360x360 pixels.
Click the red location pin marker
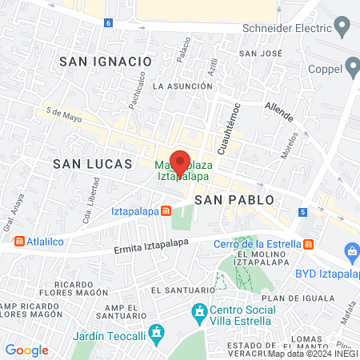(181, 161)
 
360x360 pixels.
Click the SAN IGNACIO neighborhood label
(105, 61)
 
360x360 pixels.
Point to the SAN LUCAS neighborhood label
(92, 163)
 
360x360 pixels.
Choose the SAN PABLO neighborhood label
(234, 198)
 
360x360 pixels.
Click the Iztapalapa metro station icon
(165, 211)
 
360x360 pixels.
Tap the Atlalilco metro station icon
(18, 240)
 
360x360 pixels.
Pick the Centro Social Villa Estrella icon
(198, 310)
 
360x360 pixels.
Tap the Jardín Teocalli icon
(157, 331)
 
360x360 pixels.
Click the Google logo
(27, 350)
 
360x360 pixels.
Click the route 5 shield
(303, 212)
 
